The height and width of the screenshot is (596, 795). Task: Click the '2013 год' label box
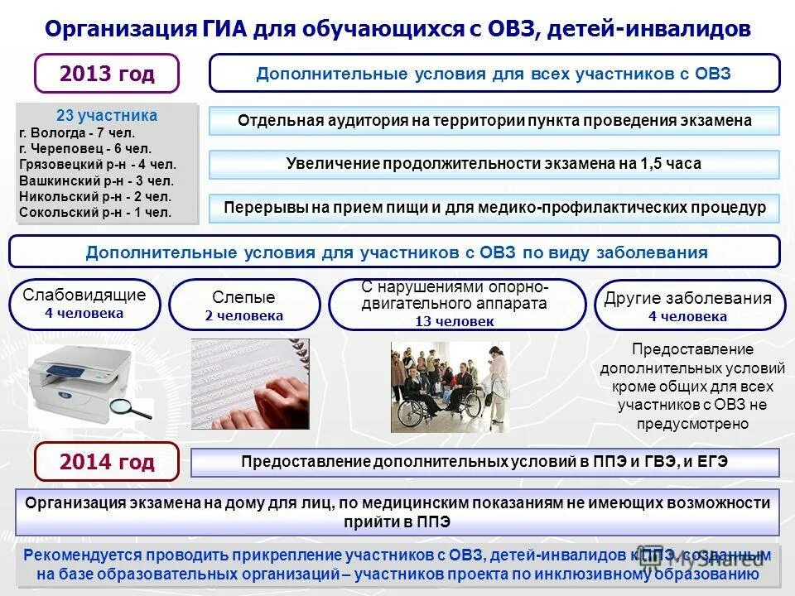(x=107, y=74)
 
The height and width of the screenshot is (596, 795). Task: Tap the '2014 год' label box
(x=107, y=461)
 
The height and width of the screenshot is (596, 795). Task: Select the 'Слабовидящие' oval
(x=84, y=304)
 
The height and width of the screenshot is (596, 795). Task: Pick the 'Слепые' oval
(x=244, y=305)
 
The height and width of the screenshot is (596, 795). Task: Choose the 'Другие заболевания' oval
(x=688, y=305)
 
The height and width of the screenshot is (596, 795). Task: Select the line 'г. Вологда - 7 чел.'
(x=76, y=132)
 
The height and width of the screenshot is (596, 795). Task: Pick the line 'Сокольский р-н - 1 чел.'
(x=94, y=212)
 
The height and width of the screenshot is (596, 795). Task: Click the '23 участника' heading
(x=107, y=115)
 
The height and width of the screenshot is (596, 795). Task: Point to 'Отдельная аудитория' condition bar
(x=494, y=121)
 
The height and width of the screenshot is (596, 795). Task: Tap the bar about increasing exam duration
(x=494, y=164)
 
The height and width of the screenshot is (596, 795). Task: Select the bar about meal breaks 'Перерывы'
(x=494, y=208)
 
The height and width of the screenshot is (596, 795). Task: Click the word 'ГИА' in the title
(x=222, y=29)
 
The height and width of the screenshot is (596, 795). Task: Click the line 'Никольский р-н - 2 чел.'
(x=94, y=196)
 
